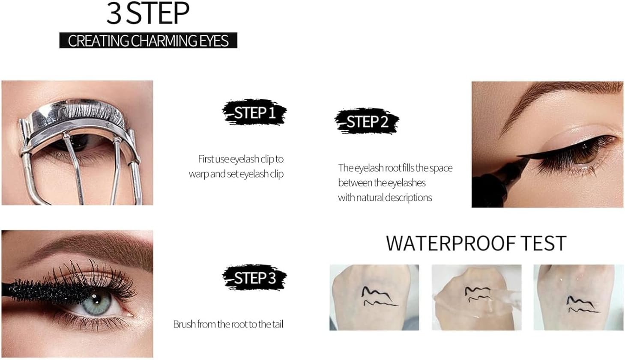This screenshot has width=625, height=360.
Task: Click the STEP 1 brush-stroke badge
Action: (254, 113)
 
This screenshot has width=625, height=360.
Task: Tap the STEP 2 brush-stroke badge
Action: (367, 121)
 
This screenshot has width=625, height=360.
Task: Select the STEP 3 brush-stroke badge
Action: (254, 278)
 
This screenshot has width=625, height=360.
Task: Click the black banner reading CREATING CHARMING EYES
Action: (148, 40)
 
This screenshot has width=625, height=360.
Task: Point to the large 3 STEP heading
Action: (148, 13)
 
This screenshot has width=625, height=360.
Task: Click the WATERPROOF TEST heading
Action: (476, 244)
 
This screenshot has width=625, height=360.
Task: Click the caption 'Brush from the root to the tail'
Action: (228, 324)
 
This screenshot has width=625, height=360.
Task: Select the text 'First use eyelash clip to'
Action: (240, 159)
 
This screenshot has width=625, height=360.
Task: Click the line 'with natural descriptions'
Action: (385, 197)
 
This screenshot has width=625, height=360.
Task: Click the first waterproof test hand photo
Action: (374, 297)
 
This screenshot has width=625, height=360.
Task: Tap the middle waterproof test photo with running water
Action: (476, 297)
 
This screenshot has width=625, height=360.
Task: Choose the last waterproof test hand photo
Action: (578, 297)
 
